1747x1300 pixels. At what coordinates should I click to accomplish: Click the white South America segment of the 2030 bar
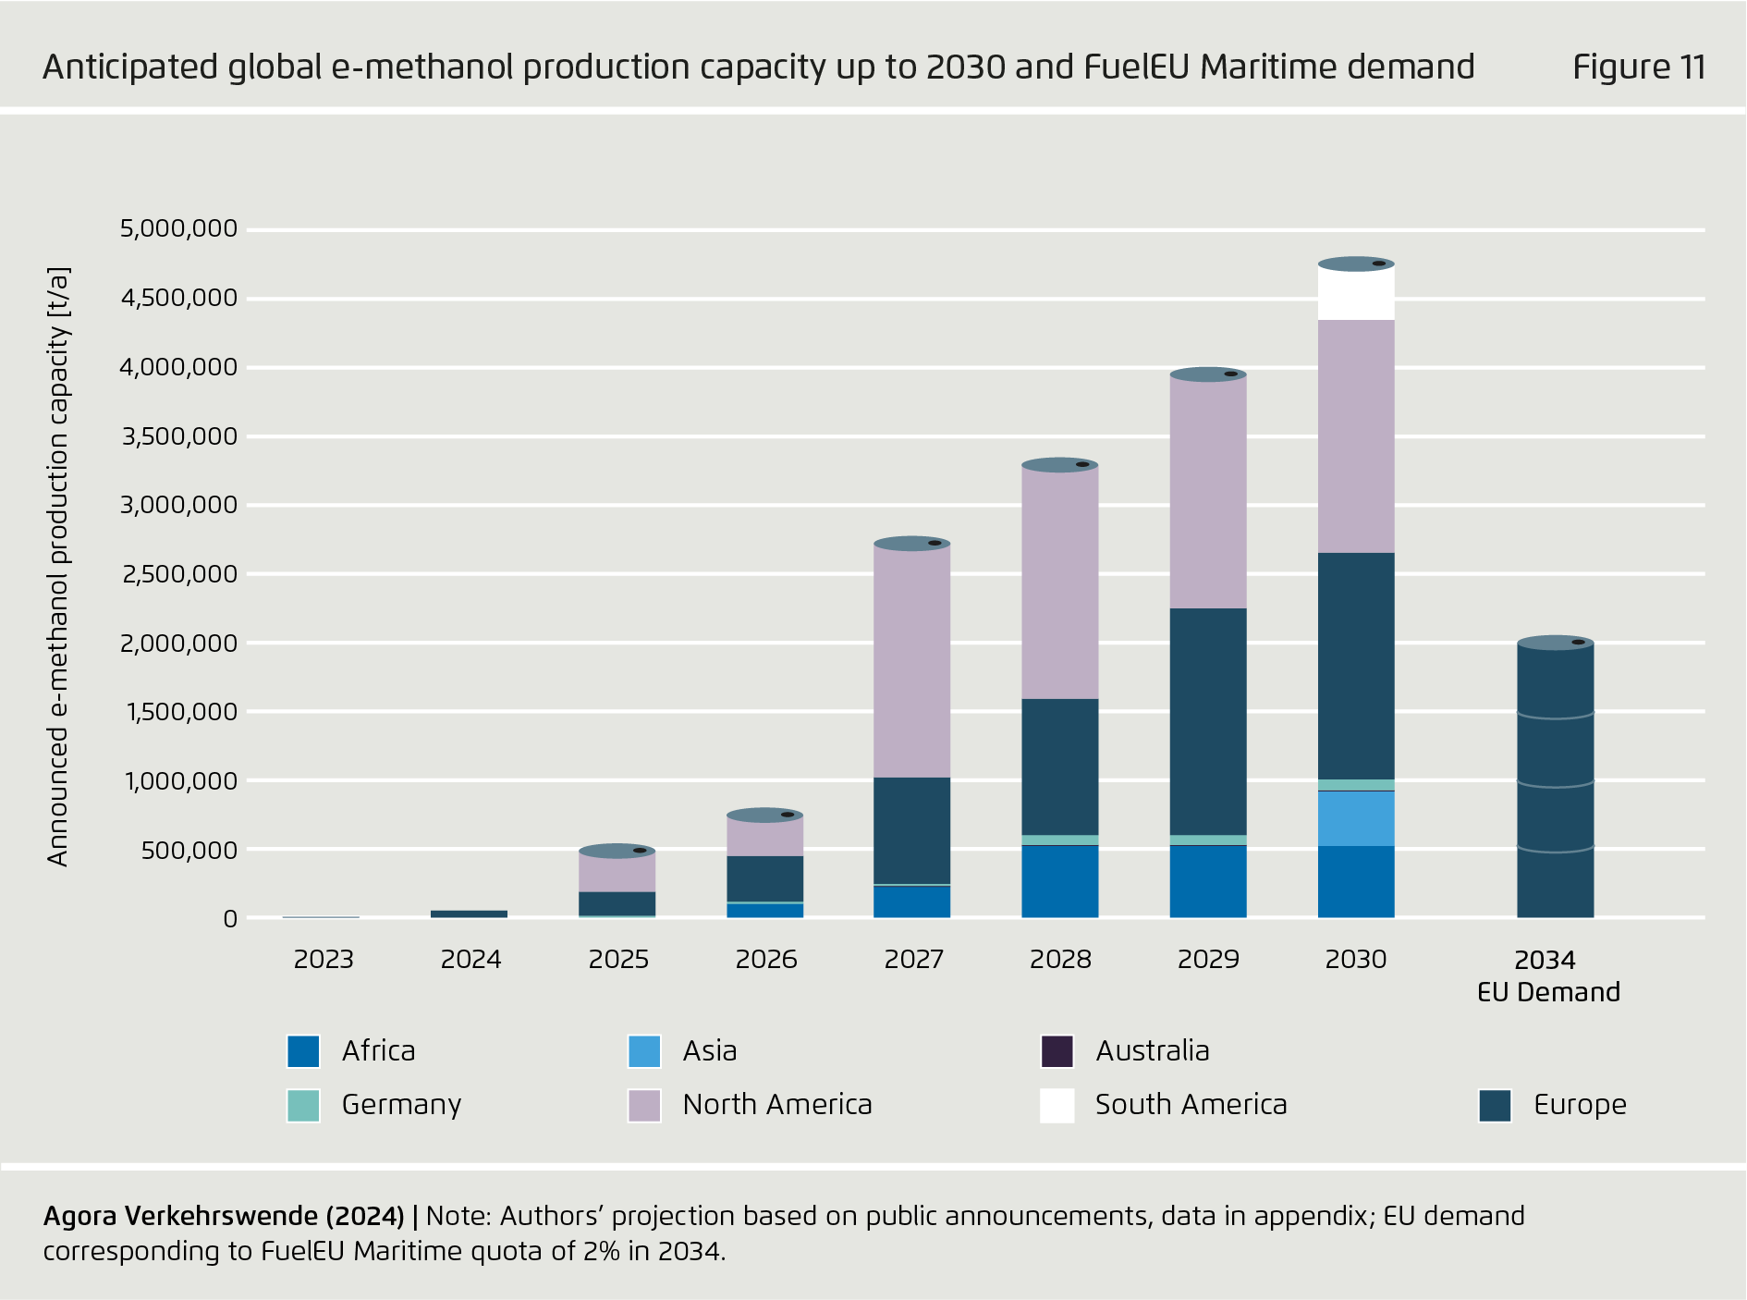(1356, 294)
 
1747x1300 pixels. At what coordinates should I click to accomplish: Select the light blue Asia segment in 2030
(1356, 818)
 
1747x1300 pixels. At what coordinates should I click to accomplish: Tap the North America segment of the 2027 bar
(912, 661)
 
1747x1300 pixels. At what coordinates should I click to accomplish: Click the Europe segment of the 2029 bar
(1208, 721)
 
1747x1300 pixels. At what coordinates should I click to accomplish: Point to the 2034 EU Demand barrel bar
(1556, 781)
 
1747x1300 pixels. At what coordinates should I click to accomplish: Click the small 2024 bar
(470, 914)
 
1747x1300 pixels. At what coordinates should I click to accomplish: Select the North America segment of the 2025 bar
(617, 872)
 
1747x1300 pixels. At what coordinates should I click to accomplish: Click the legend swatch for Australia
(1057, 1051)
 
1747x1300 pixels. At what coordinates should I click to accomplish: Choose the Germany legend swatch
(303, 1105)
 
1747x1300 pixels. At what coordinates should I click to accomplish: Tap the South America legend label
(1191, 1105)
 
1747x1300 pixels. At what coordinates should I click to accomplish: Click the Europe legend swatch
(1495, 1105)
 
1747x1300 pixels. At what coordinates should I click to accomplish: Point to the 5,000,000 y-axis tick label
(178, 228)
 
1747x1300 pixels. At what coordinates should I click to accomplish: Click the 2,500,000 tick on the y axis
(178, 574)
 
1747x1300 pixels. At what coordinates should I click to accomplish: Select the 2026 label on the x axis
(766, 960)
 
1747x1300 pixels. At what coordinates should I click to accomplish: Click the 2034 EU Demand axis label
(1548, 975)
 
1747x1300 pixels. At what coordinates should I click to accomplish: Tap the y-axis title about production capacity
(58, 566)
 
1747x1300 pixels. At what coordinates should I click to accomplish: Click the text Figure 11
(1639, 67)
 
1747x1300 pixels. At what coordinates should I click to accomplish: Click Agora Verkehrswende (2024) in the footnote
(224, 1216)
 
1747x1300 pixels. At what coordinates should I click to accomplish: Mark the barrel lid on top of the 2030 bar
(1356, 264)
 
